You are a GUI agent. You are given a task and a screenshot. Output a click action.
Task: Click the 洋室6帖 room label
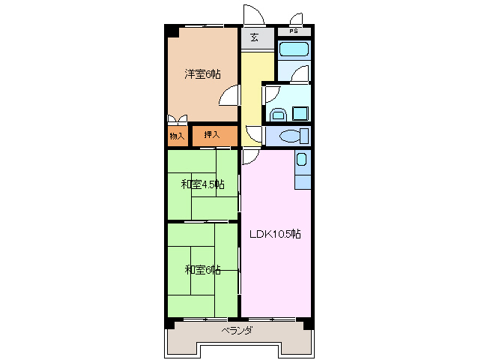click(x=202, y=73)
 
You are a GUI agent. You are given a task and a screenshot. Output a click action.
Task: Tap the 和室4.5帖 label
click(x=202, y=184)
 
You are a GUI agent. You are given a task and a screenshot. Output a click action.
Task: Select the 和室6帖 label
click(x=202, y=269)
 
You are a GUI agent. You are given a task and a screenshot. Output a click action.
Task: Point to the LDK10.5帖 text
click(x=275, y=234)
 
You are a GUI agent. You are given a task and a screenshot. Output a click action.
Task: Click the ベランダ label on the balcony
click(x=237, y=331)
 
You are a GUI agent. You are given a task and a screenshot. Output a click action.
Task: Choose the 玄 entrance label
click(x=255, y=38)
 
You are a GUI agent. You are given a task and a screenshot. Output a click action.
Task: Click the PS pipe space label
click(x=294, y=31)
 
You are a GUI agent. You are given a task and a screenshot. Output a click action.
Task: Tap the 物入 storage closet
click(x=177, y=136)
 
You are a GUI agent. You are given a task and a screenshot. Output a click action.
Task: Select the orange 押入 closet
click(x=213, y=135)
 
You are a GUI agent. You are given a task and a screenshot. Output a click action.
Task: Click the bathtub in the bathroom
click(x=294, y=51)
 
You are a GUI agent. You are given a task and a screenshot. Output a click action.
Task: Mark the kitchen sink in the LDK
click(x=301, y=160)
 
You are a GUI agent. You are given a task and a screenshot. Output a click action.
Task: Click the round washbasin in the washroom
click(x=278, y=115)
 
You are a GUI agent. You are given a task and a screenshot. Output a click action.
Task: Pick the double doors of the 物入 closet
click(x=178, y=119)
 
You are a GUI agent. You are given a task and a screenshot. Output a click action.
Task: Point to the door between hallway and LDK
click(x=250, y=155)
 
